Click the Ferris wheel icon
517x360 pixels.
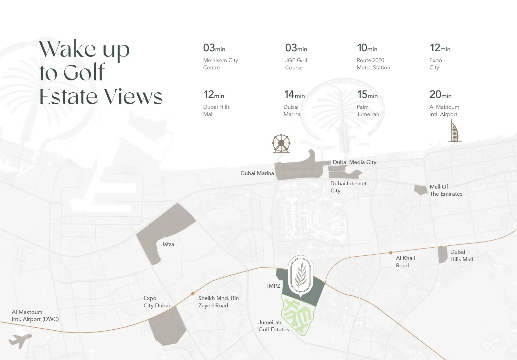tap(281, 144)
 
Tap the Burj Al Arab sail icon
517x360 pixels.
tap(454, 131)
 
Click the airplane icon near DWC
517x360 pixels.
tap(20, 340)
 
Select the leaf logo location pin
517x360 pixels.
tap(300, 276)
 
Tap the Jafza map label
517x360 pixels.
tap(167, 244)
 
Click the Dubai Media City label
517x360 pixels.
tap(354, 162)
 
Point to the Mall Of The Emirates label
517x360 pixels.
tap(446, 190)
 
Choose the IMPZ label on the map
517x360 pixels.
tap(273, 286)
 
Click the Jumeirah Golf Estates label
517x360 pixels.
tap(274, 326)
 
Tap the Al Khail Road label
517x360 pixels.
tap(405, 262)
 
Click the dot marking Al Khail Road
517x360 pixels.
tap(391, 253)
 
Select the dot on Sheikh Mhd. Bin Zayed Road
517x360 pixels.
tap(193, 294)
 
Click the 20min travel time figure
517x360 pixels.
tap(440, 95)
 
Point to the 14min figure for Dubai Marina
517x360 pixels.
tap(294, 95)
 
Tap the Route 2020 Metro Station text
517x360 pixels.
tap(373, 64)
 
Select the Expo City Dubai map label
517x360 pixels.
tap(156, 302)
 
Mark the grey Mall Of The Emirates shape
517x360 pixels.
tap(421, 190)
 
